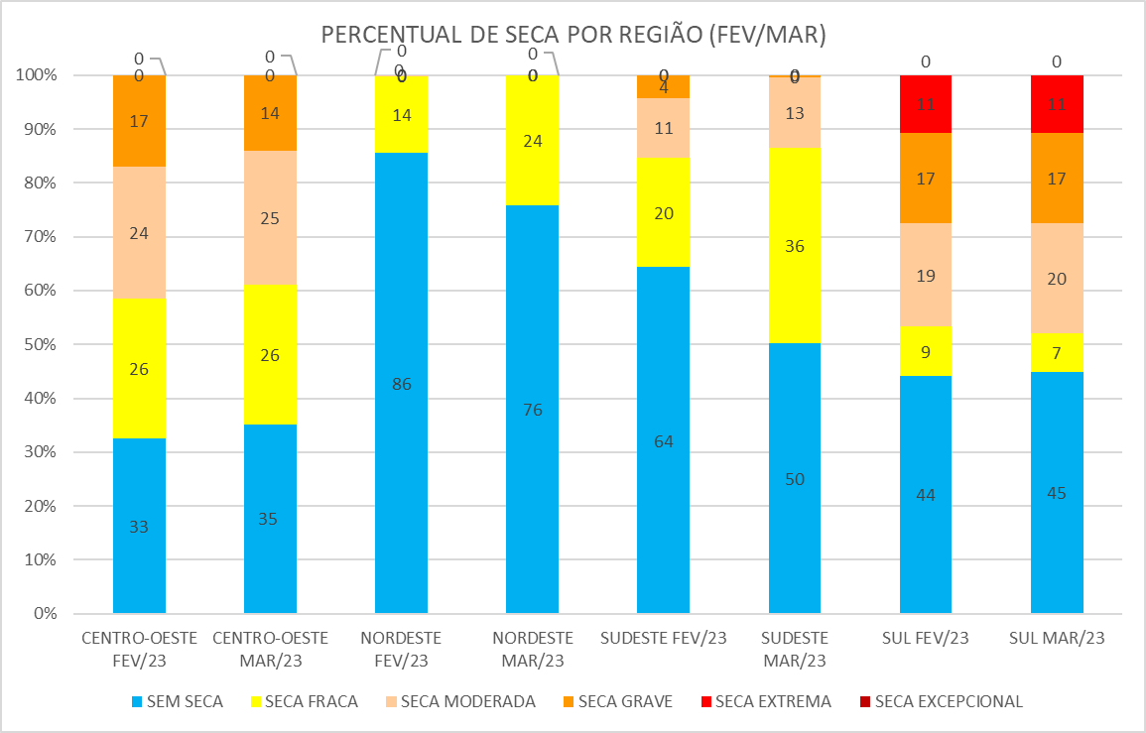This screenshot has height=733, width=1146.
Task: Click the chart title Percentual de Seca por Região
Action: pyautogui.click(x=573, y=35)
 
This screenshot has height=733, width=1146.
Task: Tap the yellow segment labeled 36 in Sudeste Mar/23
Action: pyautogui.click(x=795, y=245)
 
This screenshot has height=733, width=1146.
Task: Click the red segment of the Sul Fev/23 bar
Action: pyautogui.click(x=926, y=104)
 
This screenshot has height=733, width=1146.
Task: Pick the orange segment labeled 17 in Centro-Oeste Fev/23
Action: pyautogui.click(x=139, y=121)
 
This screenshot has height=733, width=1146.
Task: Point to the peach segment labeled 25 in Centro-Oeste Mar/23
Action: pyautogui.click(x=270, y=218)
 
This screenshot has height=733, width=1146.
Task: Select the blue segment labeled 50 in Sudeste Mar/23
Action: pyautogui.click(x=795, y=478)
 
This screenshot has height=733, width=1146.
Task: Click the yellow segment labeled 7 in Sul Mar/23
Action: pyautogui.click(x=1057, y=352)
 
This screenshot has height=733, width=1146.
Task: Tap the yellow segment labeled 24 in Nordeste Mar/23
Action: pyautogui.click(x=532, y=140)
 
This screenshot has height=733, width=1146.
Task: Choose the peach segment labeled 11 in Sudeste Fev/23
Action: pyautogui.click(x=663, y=128)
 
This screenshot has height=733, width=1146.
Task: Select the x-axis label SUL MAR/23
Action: pyautogui.click(x=1057, y=638)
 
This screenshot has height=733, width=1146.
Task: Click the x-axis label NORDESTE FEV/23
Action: pyautogui.click(x=401, y=648)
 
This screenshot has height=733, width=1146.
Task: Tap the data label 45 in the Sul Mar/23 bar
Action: pyautogui.click(x=1057, y=493)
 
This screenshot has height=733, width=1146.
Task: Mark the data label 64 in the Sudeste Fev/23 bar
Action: pyautogui.click(x=663, y=441)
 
